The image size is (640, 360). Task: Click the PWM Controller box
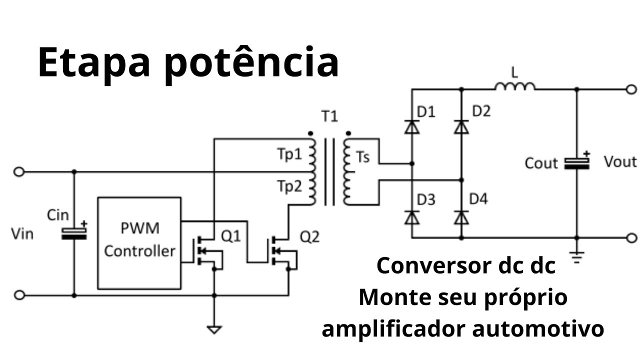coord(139,242)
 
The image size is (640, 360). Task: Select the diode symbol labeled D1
coord(411,127)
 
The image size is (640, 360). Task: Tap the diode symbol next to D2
coord(461,127)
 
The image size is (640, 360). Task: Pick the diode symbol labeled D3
coord(411,217)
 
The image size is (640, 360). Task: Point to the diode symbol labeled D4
coord(461,217)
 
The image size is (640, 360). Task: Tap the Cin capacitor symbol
coord(74,232)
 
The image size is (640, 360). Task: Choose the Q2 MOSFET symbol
coord(281,249)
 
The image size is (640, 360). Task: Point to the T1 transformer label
coord(329,117)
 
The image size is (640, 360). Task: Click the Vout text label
coord(620,162)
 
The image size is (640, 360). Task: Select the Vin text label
coord(22,233)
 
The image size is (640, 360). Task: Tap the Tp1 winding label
coord(289,154)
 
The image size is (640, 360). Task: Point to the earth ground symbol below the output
coord(577,257)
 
